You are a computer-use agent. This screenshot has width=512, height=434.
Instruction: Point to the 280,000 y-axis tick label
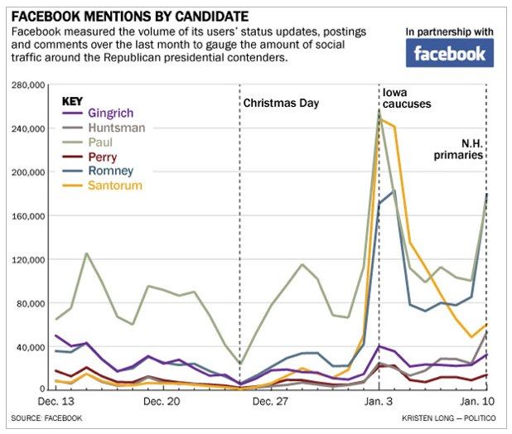27,85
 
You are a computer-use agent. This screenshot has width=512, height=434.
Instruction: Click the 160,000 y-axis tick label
27,216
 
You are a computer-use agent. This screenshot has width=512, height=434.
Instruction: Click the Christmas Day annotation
281,104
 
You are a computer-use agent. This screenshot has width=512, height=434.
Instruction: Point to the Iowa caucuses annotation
406,99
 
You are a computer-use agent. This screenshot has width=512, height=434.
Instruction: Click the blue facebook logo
450,53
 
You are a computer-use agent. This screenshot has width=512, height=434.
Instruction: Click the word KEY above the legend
74,99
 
